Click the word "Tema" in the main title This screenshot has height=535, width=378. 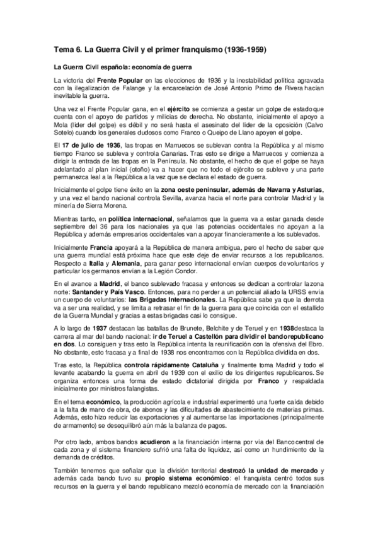(x=61, y=49)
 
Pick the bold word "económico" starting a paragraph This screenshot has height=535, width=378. (x=89, y=401)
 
